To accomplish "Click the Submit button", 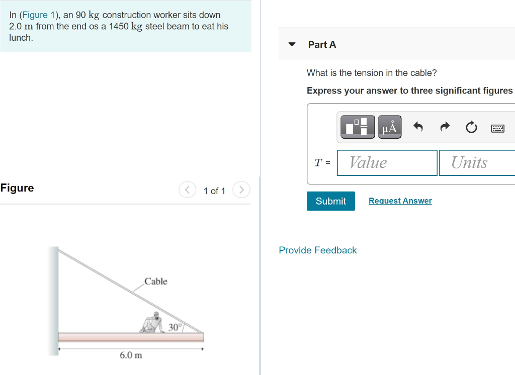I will point(330,201).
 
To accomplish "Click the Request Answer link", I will point(400,201).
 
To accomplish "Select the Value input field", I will point(387,163).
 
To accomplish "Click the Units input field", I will point(476,163).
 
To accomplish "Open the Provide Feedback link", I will point(318,250).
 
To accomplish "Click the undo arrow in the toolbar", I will point(418,127).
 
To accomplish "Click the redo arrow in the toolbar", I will point(445,127).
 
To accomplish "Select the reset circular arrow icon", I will point(471,127).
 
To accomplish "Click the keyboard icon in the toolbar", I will point(497,128).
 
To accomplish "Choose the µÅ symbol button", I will point(389,127).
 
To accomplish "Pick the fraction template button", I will point(358,127).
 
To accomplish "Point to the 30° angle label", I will point(175,327).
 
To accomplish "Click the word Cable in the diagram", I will point(156,282).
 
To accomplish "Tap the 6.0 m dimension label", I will point(131,355).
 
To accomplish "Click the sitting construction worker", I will point(152,323).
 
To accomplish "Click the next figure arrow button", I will point(241,190).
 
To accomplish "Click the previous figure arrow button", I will point(187,190).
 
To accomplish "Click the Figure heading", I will point(17,188).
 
